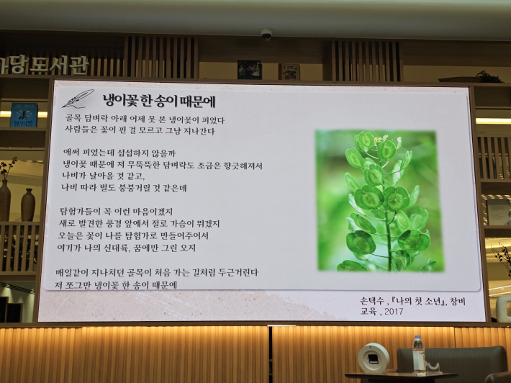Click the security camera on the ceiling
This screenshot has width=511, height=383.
point(267,34)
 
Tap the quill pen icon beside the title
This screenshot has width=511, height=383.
point(77,99)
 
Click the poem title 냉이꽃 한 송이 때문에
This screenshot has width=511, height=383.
point(158,99)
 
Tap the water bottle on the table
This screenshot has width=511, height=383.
point(419,355)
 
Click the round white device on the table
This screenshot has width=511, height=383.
point(374,358)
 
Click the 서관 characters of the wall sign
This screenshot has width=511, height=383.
point(71,66)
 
